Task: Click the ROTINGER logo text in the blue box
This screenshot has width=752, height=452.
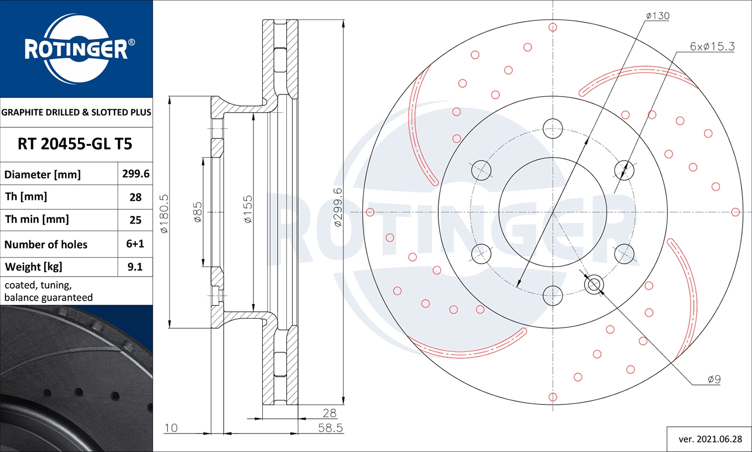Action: pos(76,49)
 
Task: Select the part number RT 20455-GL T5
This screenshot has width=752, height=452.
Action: pos(75,144)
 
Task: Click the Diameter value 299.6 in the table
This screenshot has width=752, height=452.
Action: pos(135,174)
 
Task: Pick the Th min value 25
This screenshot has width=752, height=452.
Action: pos(135,220)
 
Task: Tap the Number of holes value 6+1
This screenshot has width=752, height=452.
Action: pos(135,244)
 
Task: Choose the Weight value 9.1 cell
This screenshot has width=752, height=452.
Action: pos(135,267)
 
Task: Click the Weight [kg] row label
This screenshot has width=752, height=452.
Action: pos(34,267)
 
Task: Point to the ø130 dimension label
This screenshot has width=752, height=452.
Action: pos(657,16)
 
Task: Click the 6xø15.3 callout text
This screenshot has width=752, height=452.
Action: pos(712,47)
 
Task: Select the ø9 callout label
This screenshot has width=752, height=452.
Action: pos(714,379)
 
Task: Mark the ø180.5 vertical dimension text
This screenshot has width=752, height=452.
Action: pos(164,213)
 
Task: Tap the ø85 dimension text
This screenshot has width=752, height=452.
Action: pos(198,212)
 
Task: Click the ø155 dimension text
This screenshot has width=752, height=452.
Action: pos(248,209)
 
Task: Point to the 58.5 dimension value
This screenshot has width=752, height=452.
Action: pos(330,427)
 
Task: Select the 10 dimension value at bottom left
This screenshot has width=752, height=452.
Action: pos(171,427)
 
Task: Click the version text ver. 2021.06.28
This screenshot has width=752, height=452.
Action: pos(710,439)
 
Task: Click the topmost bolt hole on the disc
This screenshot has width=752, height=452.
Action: pos(552,129)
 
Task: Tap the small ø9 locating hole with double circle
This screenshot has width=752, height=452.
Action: pos(594,285)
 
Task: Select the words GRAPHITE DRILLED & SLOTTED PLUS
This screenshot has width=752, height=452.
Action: pos(76,112)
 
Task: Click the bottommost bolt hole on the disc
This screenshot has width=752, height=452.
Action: pos(552,296)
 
